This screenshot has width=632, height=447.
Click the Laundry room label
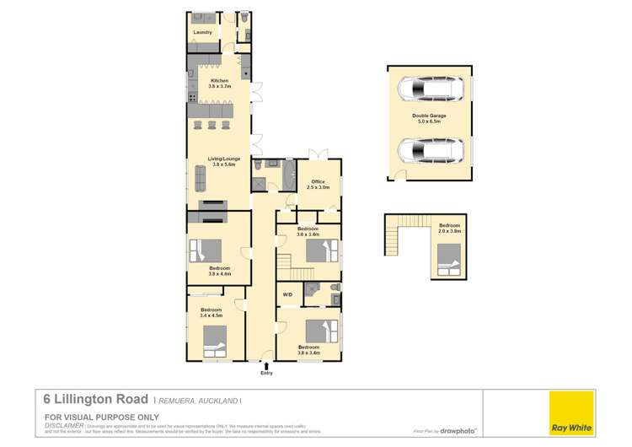click(202, 32)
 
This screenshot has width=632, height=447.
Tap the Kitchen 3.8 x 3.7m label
click(219, 83)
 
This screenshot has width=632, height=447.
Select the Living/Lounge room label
click(219, 160)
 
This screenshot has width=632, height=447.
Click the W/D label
click(287, 294)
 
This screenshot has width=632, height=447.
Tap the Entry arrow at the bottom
click(266, 365)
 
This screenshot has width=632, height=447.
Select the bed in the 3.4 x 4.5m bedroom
click(213, 339)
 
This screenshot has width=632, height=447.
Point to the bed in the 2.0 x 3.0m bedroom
click(447, 259)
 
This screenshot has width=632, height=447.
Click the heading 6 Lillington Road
click(96, 399)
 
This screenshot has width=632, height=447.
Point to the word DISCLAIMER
click(63, 426)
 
